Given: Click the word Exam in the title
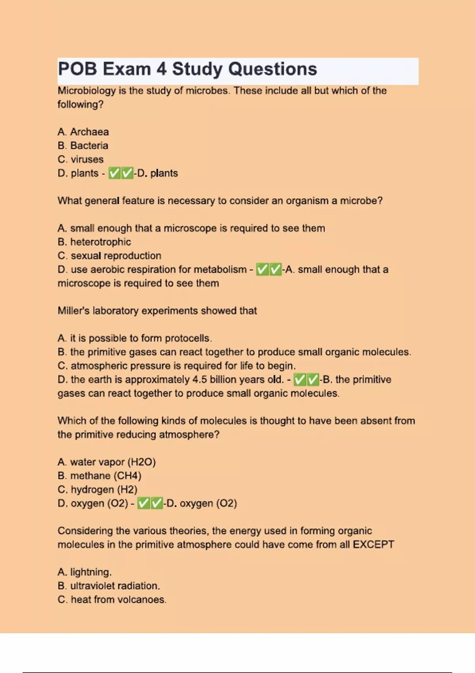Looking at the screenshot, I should [x=127, y=69].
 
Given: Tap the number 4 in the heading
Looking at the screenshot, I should [x=161, y=69].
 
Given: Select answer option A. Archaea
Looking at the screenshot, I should [x=83, y=132].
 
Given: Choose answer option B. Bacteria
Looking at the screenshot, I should [x=83, y=146].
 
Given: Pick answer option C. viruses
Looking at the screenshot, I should [x=80, y=160].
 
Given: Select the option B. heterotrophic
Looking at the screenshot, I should [x=94, y=242].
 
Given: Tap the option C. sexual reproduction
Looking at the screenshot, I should [x=109, y=256].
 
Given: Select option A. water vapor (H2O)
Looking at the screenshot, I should [x=106, y=462].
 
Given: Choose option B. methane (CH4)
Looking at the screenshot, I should [x=99, y=476].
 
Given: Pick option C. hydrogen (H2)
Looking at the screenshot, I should [x=97, y=490].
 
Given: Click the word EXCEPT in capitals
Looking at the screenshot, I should [x=373, y=545].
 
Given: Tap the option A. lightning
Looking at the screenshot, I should [x=84, y=572].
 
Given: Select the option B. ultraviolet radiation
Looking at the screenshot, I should [x=108, y=586].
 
